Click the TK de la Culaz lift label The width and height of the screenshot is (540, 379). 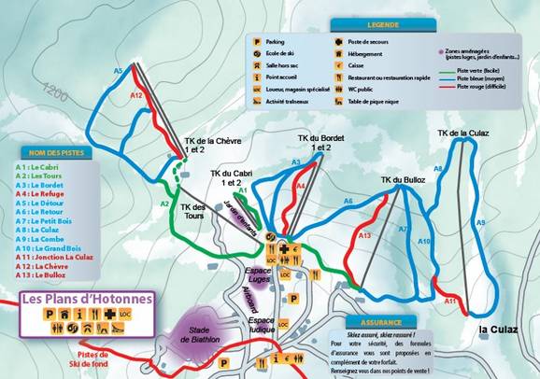pos(463,133)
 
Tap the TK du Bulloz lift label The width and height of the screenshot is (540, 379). pos(403,179)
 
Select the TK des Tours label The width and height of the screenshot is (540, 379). pos(192,212)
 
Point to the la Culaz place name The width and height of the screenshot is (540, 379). pos(497,330)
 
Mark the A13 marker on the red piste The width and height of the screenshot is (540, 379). pos(365,236)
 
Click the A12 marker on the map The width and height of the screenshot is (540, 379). pos(136,95)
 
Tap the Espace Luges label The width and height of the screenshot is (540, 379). pos(258,274)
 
